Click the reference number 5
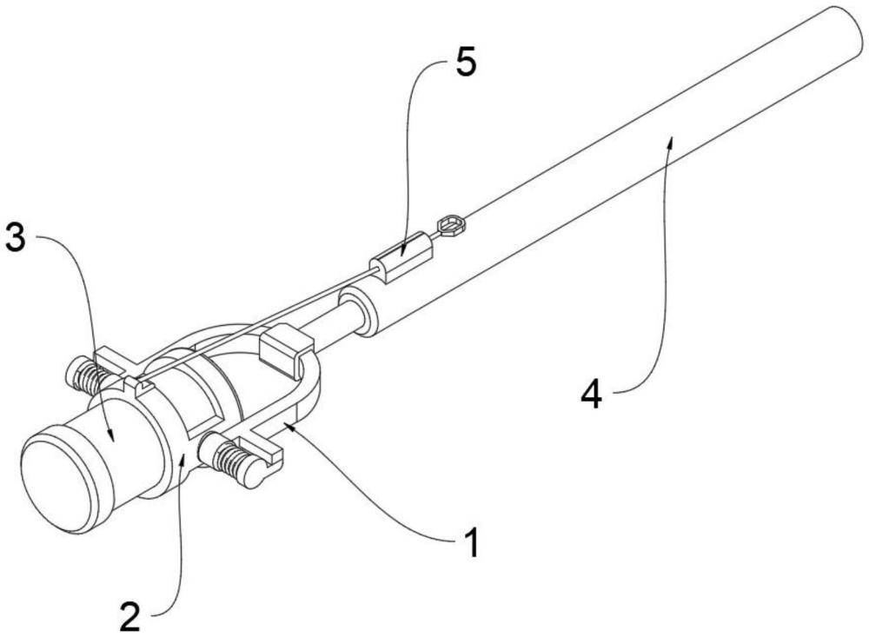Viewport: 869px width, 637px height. pyautogui.click(x=465, y=63)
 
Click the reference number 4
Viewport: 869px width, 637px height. pyautogui.click(x=591, y=395)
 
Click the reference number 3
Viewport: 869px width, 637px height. pyautogui.click(x=15, y=236)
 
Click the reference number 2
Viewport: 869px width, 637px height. pyautogui.click(x=130, y=616)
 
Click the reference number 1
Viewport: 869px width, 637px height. pyautogui.click(x=471, y=542)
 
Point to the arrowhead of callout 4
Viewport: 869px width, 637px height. pyautogui.click(x=671, y=143)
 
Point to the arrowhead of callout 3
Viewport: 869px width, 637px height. pyautogui.click(x=111, y=435)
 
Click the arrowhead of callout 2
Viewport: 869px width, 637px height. pyautogui.click(x=182, y=456)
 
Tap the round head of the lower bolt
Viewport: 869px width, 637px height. pyautogui.click(x=252, y=473)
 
